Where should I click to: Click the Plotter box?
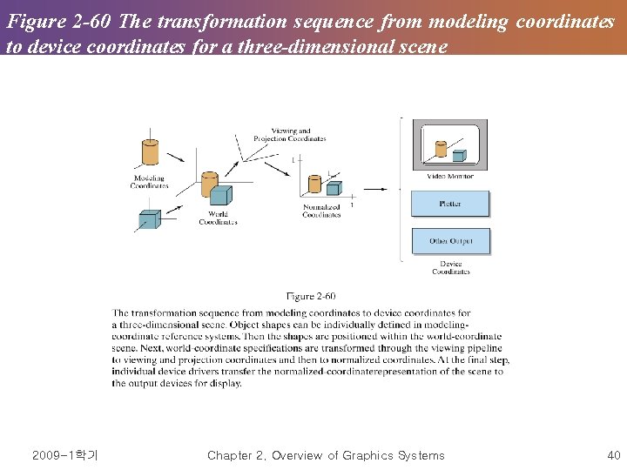[x=449, y=204]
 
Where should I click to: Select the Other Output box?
[x=449, y=241]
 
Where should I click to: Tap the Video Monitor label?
[x=450, y=176]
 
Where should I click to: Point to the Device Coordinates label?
[x=450, y=267]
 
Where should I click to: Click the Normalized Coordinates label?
[x=321, y=211]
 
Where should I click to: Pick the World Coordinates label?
[x=218, y=218]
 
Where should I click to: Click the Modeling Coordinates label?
[x=148, y=182]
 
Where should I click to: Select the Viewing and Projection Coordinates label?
[x=289, y=135]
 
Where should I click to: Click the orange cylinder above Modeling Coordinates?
[x=149, y=152]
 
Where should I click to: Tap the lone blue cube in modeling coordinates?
[x=149, y=218]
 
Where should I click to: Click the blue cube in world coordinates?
[x=221, y=195]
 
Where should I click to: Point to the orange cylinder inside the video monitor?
[x=441, y=149]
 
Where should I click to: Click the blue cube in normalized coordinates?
[x=333, y=187]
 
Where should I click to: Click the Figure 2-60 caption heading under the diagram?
[x=311, y=297]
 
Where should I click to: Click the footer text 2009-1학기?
[x=64, y=455]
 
